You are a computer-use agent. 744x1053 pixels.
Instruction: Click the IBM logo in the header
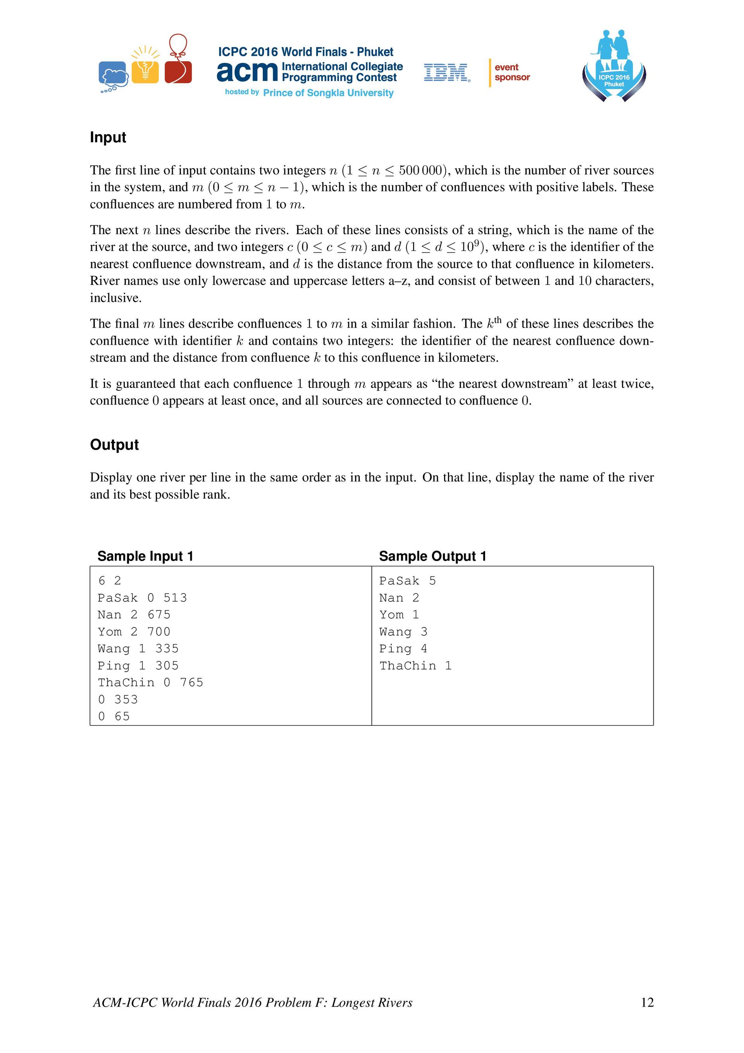446,73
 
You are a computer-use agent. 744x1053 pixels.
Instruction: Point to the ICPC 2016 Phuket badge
614,67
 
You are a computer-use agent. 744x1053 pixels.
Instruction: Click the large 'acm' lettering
247,72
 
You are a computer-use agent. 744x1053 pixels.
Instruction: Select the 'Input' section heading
108,137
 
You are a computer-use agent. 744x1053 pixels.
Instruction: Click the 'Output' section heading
114,444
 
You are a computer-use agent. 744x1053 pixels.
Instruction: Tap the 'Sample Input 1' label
145,556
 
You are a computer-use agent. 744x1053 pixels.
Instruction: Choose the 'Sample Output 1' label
432,556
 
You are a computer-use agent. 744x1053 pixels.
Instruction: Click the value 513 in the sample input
175,597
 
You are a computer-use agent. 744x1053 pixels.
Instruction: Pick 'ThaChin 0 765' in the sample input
150,682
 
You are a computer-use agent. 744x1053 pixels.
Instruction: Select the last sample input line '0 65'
114,716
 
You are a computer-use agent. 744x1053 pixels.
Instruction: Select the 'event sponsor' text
512,73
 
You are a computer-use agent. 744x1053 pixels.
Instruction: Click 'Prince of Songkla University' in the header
328,93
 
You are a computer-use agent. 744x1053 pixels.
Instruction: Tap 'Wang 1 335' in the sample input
138,649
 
